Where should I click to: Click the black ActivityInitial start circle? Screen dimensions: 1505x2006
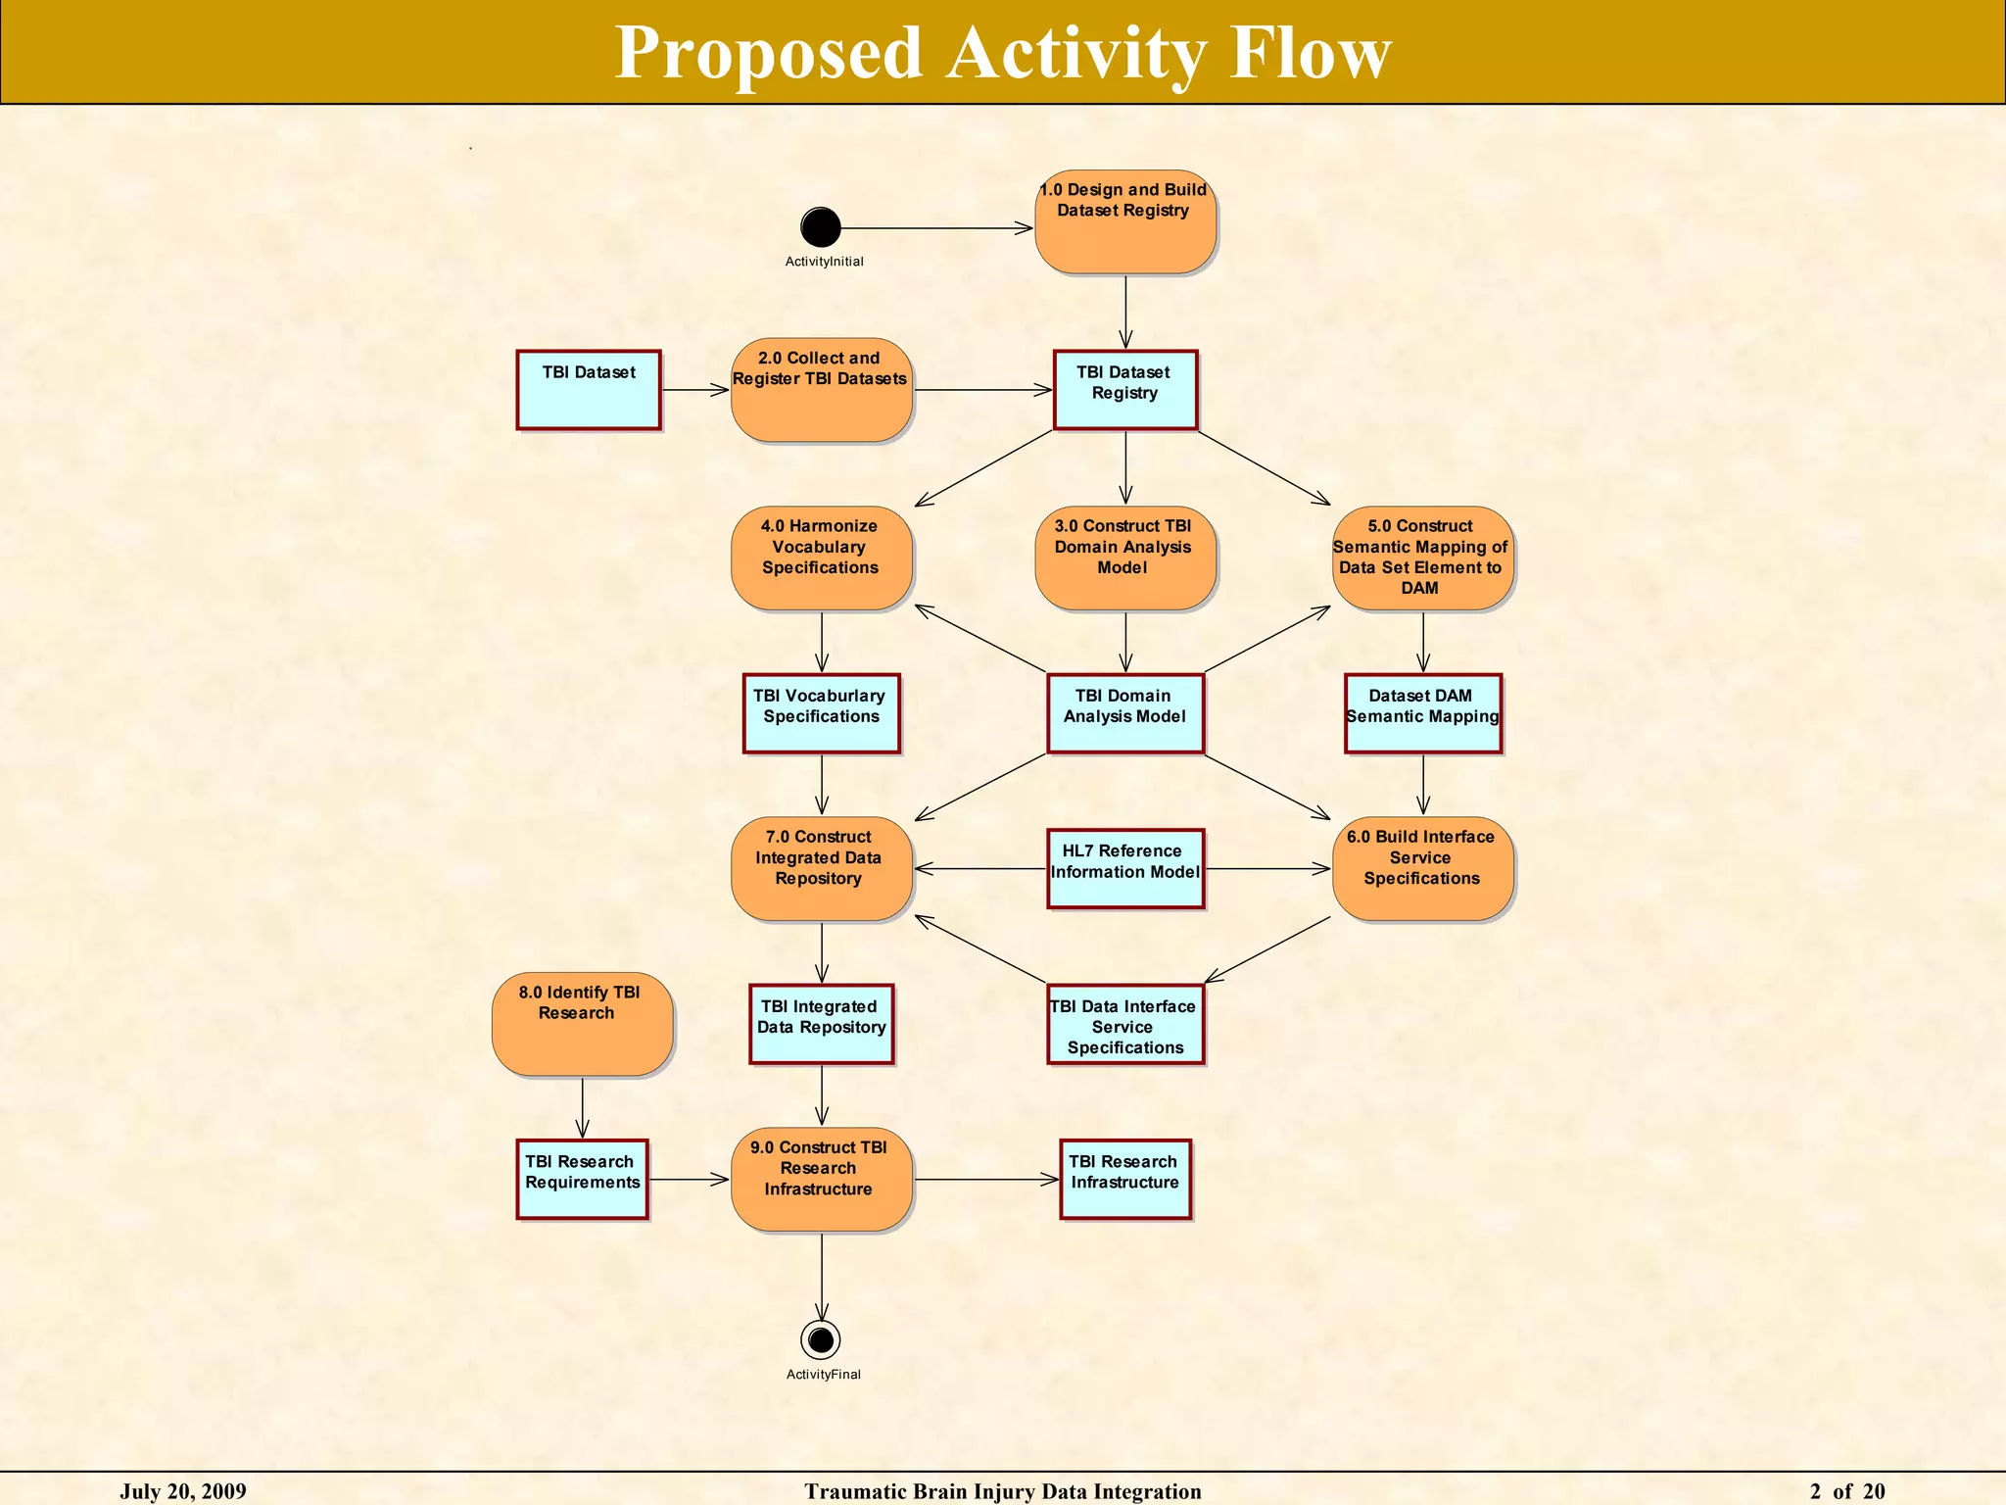[x=820, y=227]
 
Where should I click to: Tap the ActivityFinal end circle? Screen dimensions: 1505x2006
[x=821, y=1338]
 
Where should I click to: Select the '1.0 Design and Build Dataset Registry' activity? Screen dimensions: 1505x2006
[x=1125, y=222]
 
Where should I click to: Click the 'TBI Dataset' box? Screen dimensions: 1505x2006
[x=589, y=390]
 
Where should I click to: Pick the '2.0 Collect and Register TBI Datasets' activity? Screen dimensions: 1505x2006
[x=821, y=390]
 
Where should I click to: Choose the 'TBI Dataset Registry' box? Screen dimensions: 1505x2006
[x=1125, y=390]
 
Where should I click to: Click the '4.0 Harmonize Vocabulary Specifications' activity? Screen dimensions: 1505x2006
[x=821, y=558]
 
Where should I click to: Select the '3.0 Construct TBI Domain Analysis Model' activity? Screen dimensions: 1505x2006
[x=1125, y=558]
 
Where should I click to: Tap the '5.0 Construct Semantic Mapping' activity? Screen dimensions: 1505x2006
[x=1422, y=558]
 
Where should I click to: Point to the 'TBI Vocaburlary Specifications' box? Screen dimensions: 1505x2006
[x=821, y=713]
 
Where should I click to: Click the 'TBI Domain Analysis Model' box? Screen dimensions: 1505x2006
[x=1125, y=713]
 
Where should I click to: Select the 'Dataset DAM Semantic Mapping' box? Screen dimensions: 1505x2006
[x=1422, y=713]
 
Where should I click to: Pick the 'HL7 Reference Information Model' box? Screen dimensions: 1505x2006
[x=1125, y=868]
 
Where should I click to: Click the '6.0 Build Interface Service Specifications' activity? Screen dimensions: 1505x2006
[x=1422, y=868]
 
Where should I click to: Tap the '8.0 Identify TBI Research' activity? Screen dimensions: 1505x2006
[x=582, y=1024]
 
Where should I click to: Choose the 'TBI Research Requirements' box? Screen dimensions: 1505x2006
[x=582, y=1179]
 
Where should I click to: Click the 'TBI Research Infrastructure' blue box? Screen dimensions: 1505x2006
[x=1125, y=1179]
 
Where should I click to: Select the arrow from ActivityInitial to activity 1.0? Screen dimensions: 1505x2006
[x=935, y=228]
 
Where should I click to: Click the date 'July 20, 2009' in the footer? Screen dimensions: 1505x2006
[x=183, y=1491]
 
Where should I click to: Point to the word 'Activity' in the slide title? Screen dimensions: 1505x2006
[x=1075, y=53]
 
